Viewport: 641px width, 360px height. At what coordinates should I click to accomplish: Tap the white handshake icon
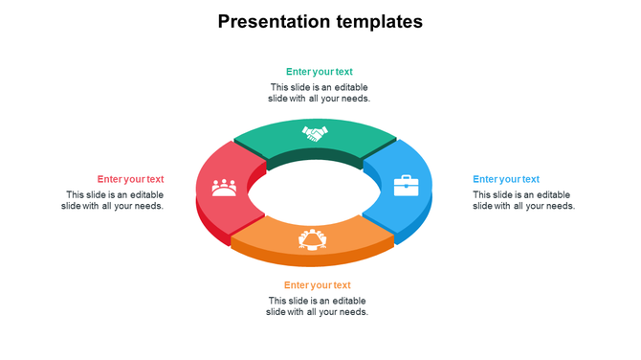point(315,133)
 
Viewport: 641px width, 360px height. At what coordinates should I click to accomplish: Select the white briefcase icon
point(407,185)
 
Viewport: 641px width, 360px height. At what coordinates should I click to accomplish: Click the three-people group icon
point(224,185)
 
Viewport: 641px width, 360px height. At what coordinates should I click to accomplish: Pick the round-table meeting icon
point(313,237)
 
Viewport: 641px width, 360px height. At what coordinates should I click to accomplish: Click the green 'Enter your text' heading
point(319,72)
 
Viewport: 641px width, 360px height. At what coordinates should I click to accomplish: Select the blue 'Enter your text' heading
point(505,179)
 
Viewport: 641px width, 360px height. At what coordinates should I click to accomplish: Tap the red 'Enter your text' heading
point(130,179)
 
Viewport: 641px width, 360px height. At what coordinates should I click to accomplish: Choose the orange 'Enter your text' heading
point(317,285)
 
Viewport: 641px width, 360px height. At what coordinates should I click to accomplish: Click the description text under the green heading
point(319,93)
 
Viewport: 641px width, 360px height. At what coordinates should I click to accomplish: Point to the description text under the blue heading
point(523,200)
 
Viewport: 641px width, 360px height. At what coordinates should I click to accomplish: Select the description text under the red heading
point(112,200)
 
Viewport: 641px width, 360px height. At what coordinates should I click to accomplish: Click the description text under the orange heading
point(317,306)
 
